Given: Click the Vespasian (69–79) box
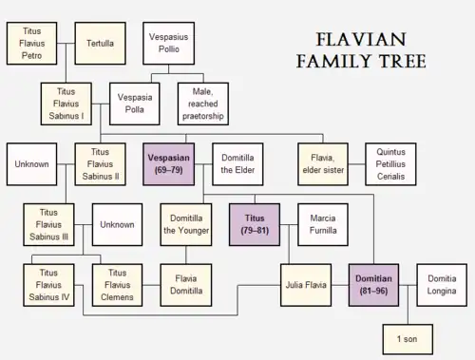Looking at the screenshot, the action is [168, 164].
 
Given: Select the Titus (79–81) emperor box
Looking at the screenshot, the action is [255, 224].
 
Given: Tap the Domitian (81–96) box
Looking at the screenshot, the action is [373, 285].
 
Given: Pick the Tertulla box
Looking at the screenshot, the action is [100, 44].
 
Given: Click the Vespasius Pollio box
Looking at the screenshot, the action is [168, 44].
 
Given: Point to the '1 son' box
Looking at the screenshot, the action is [408, 339].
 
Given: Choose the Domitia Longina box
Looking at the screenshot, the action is [442, 285].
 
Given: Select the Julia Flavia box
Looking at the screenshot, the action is [306, 285].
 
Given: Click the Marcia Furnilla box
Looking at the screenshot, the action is [323, 224].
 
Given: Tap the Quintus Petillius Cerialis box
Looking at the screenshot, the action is [390, 164].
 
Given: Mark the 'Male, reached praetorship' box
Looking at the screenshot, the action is [203, 104].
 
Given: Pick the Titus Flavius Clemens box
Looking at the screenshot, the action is [117, 285].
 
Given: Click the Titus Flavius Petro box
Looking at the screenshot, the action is [31, 44].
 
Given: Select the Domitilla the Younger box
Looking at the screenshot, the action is [186, 224].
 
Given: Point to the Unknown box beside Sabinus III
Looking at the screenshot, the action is [117, 224].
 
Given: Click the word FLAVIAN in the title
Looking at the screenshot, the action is [361, 40].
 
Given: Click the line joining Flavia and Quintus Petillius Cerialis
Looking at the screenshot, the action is [357, 164].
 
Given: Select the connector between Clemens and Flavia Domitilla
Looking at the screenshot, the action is [151, 285].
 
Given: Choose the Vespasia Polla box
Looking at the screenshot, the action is [135, 104].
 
